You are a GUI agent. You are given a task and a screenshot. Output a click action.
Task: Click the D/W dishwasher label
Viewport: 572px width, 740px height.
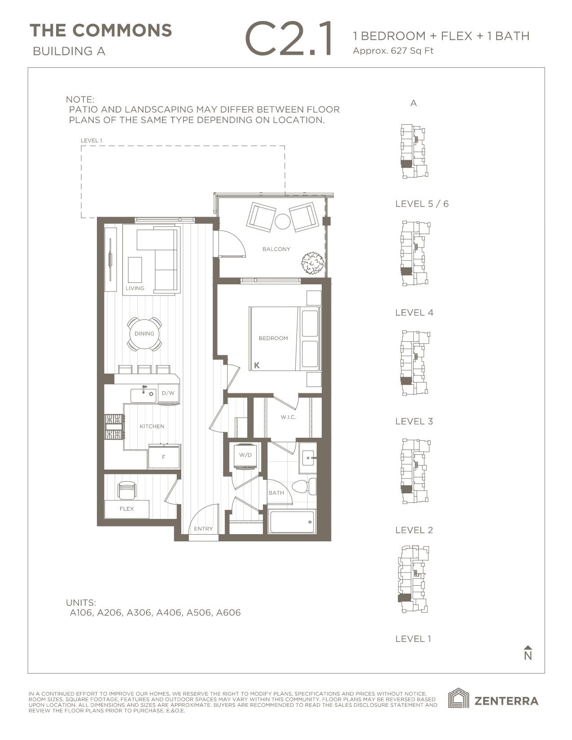coord(168,393)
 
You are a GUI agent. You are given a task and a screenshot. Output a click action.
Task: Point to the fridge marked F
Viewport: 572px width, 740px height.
coord(164,457)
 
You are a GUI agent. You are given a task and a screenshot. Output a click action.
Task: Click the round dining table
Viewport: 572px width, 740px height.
coord(144,334)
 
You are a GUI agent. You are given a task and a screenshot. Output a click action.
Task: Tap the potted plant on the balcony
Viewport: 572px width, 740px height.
coord(313,263)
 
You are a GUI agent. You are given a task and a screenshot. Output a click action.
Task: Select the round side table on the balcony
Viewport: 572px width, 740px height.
coord(283,222)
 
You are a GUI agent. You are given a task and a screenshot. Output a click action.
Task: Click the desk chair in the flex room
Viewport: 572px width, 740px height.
coord(126,490)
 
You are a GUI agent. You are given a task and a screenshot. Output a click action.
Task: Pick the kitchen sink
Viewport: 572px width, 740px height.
coord(143,396)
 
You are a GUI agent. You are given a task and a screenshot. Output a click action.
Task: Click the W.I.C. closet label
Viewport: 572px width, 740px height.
coord(288,418)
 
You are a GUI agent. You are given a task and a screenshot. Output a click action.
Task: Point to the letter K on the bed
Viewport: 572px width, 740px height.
coord(257,366)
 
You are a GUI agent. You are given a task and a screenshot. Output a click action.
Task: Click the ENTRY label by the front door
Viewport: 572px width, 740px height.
coord(203,529)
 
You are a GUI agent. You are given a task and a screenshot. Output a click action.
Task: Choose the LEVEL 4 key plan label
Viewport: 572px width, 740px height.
coord(414,313)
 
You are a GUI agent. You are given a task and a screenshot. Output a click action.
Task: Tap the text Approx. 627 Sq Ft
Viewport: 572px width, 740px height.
coord(393,51)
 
